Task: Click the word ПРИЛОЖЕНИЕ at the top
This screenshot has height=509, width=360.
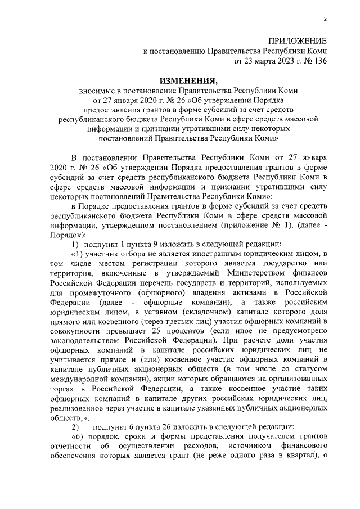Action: [297, 42]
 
